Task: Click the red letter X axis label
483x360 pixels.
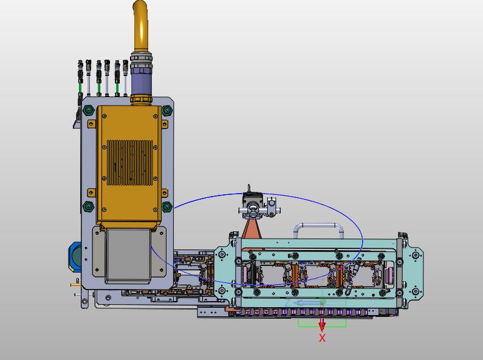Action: pyautogui.click(x=322, y=338)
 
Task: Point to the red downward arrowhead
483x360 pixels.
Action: pyautogui.click(x=322, y=327)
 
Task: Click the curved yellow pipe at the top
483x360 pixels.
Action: pyautogui.click(x=140, y=25)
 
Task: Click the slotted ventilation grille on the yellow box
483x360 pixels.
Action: pyautogui.click(x=129, y=163)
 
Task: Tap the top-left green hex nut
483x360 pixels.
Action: pyautogui.click(x=89, y=110)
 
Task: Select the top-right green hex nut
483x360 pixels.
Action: pyautogui.click(x=167, y=110)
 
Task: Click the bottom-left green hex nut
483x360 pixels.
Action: pyautogui.click(x=89, y=206)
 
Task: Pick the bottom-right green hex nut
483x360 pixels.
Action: pyautogui.click(x=167, y=207)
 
